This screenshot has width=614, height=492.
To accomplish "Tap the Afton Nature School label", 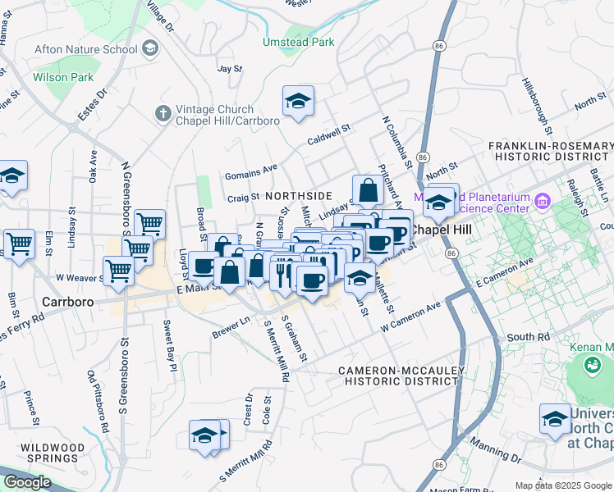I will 85,49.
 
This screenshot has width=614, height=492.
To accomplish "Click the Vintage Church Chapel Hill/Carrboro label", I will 227,114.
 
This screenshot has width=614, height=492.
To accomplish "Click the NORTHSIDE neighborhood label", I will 298,196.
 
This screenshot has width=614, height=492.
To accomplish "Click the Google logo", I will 27,482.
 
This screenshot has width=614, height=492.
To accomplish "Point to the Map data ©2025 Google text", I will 562,485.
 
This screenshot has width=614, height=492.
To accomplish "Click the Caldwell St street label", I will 328,132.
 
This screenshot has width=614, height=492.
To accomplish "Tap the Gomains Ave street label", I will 252,171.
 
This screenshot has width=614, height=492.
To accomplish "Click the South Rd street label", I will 529,337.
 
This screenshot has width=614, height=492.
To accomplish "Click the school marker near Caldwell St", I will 298,102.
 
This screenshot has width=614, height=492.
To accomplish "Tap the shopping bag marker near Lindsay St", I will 369,190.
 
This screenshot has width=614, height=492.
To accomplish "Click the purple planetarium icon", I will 542,201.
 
